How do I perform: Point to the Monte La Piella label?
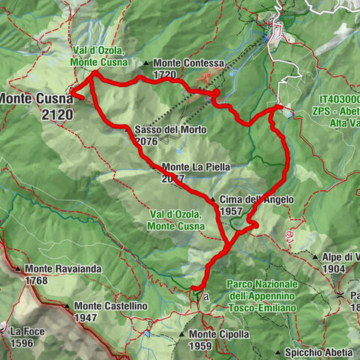pos(195,167)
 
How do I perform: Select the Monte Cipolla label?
pos(218,334)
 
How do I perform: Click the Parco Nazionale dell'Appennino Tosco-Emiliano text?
pos(262,296)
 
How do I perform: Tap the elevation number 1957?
pos(233,211)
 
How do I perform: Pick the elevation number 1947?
pos(88,318)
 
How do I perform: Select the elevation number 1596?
pos(22,343)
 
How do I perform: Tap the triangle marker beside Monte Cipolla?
pos(182,334)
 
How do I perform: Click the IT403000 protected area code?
pos(339,98)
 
